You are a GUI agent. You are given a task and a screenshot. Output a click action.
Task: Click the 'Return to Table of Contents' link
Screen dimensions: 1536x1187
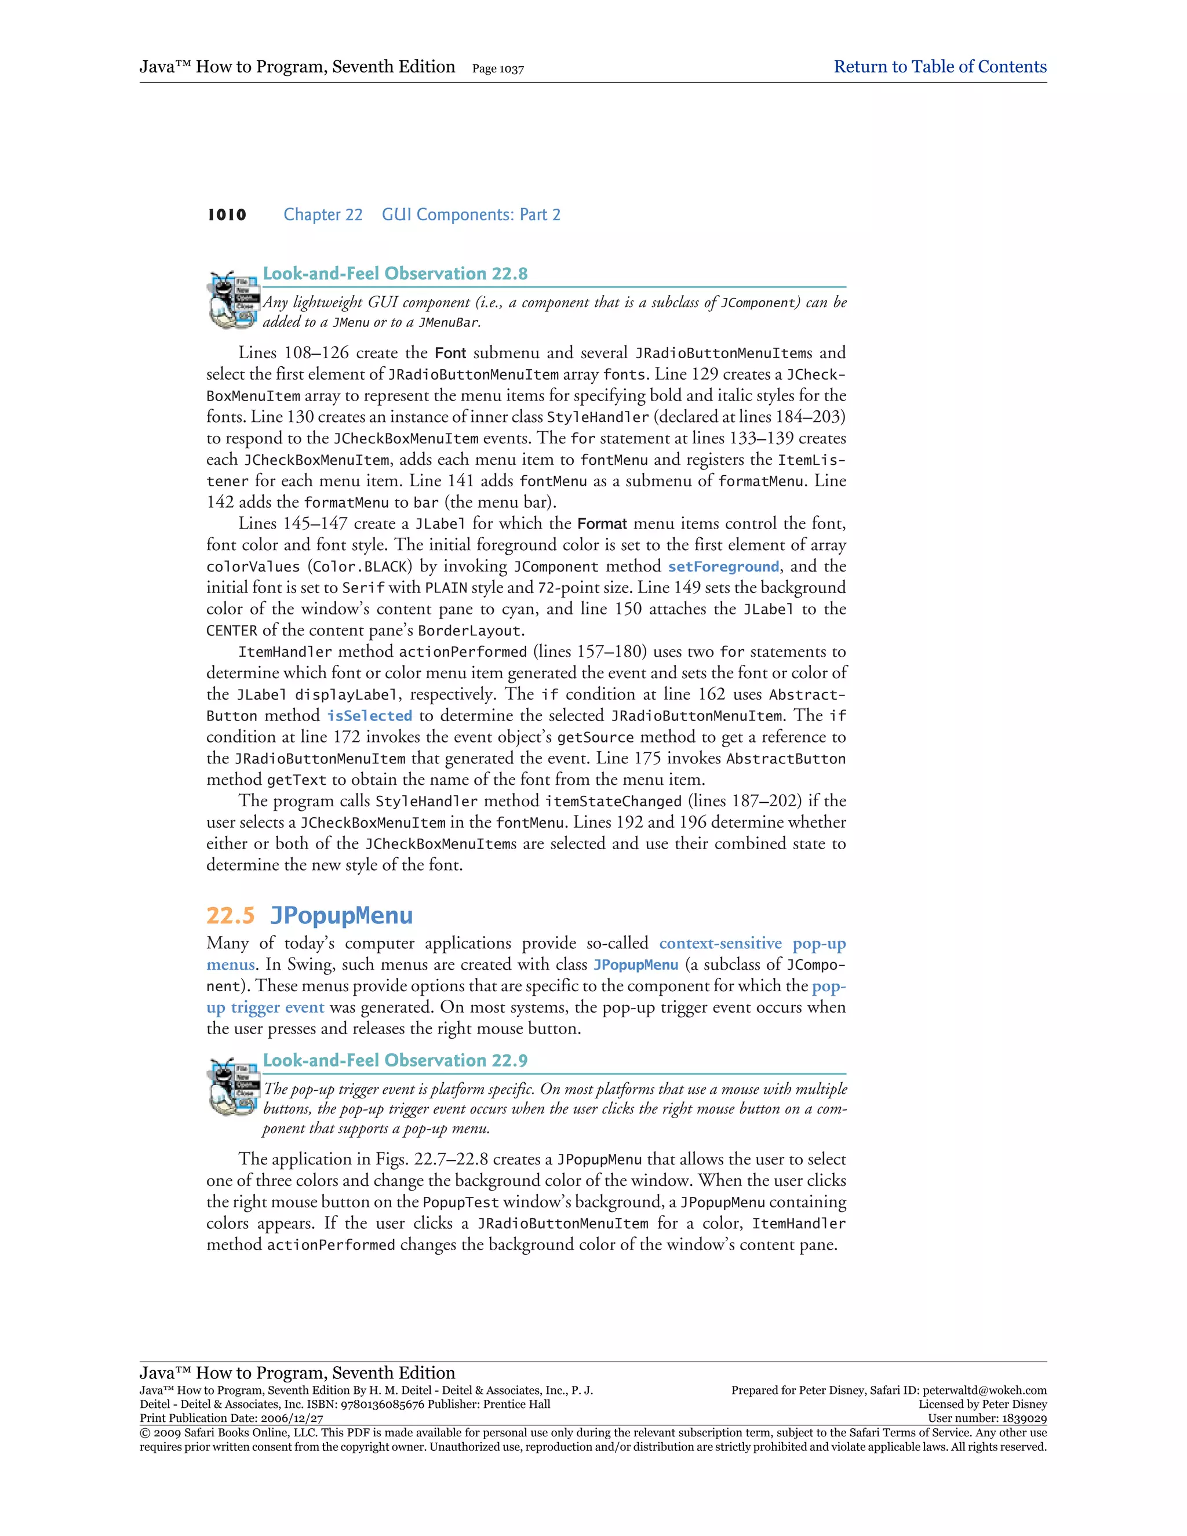940,67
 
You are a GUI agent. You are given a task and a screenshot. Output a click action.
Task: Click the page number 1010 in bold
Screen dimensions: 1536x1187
227,215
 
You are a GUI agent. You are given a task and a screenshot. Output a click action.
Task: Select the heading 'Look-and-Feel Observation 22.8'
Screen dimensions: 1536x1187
395,274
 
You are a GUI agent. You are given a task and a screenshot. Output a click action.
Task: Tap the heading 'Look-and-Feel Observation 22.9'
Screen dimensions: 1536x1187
395,1061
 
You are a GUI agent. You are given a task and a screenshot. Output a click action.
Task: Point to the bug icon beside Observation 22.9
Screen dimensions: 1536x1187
232,1087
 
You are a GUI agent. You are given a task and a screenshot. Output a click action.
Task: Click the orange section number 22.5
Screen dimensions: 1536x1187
231,916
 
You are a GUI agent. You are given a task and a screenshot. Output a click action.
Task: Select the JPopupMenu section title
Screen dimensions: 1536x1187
341,916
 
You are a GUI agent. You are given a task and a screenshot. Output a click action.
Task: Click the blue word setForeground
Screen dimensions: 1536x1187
723,567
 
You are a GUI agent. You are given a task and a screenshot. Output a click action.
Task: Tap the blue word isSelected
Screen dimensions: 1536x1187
369,716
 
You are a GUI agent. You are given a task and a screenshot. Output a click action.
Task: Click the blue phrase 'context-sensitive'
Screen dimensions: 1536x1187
720,943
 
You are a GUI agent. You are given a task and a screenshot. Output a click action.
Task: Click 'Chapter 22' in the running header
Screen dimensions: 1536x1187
323,215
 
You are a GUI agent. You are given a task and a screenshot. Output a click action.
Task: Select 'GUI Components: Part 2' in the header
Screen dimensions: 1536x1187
471,215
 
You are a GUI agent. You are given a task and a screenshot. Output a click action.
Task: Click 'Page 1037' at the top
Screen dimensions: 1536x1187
498,69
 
